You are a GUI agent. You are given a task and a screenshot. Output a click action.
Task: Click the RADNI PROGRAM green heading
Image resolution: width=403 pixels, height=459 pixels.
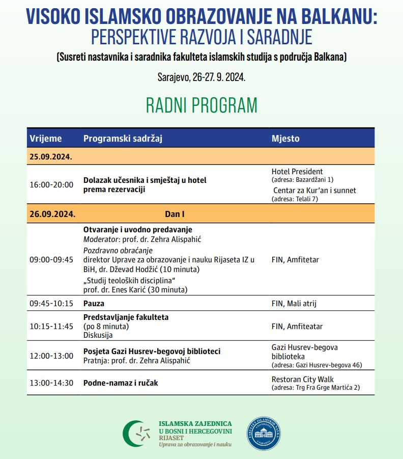[x=201, y=105]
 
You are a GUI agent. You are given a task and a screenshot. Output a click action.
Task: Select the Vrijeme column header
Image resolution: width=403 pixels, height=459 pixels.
[x=46, y=139]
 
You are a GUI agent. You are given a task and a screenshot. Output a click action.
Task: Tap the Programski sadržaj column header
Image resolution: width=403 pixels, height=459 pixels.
[x=123, y=139]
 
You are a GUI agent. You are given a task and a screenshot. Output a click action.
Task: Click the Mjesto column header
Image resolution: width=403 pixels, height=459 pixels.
[x=285, y=139]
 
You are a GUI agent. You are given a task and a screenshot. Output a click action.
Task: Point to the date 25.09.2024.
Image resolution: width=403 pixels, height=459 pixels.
[x=51, y=156]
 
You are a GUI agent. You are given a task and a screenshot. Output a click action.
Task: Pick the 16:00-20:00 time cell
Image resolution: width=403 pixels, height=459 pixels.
[x=51, y=184]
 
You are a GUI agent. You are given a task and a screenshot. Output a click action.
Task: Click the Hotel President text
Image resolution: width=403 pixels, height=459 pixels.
[x=297, y=172]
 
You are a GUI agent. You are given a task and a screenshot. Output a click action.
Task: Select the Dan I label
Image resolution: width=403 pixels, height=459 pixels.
[x=175, y=213]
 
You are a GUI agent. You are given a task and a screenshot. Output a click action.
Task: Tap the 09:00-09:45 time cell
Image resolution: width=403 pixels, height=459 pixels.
[x=51, y=259]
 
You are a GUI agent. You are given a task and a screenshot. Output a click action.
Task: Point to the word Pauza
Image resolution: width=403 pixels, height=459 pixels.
[x=94, y=303]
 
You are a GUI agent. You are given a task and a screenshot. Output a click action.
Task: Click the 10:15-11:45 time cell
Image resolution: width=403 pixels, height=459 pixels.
[x=51, y=326]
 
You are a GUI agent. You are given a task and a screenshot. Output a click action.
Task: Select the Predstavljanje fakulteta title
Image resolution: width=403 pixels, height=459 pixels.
[x=126, y=317]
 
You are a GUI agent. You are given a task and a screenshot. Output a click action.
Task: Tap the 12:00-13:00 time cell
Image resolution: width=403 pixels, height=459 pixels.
[x=51, y=356]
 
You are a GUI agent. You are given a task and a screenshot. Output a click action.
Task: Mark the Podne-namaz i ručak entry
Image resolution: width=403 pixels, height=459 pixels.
[x=121, y=383]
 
